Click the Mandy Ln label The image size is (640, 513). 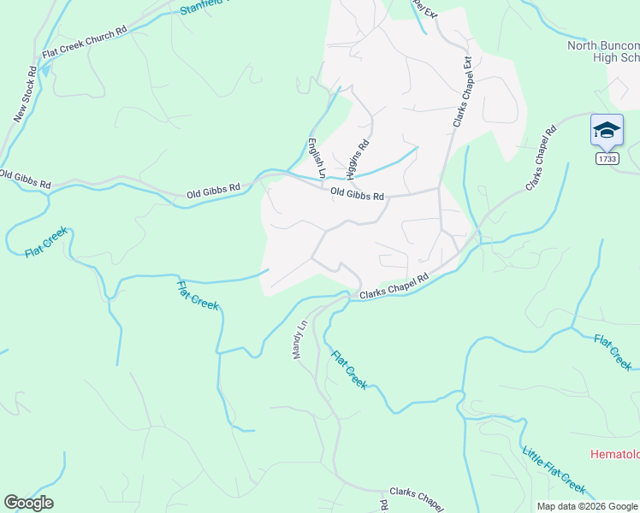300,339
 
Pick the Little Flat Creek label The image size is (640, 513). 554,468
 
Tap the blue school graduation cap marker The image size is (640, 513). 606,130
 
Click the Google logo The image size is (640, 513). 28,502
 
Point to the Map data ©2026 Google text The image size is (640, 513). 586,506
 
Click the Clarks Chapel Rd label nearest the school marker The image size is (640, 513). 541,157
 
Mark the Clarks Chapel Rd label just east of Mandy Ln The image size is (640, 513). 394,286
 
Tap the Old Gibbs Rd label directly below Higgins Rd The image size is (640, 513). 358,194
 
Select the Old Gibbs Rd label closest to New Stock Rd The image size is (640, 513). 26,180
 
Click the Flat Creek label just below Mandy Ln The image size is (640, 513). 349,369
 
